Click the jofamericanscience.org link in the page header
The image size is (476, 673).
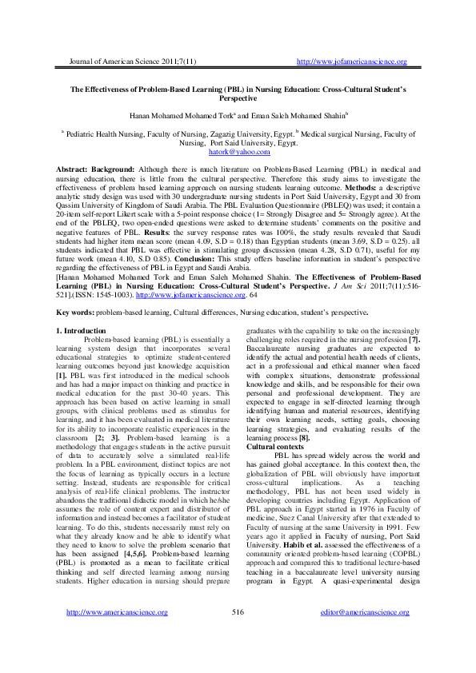click(352, 62)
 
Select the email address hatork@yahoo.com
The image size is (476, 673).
click(238, 151)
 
